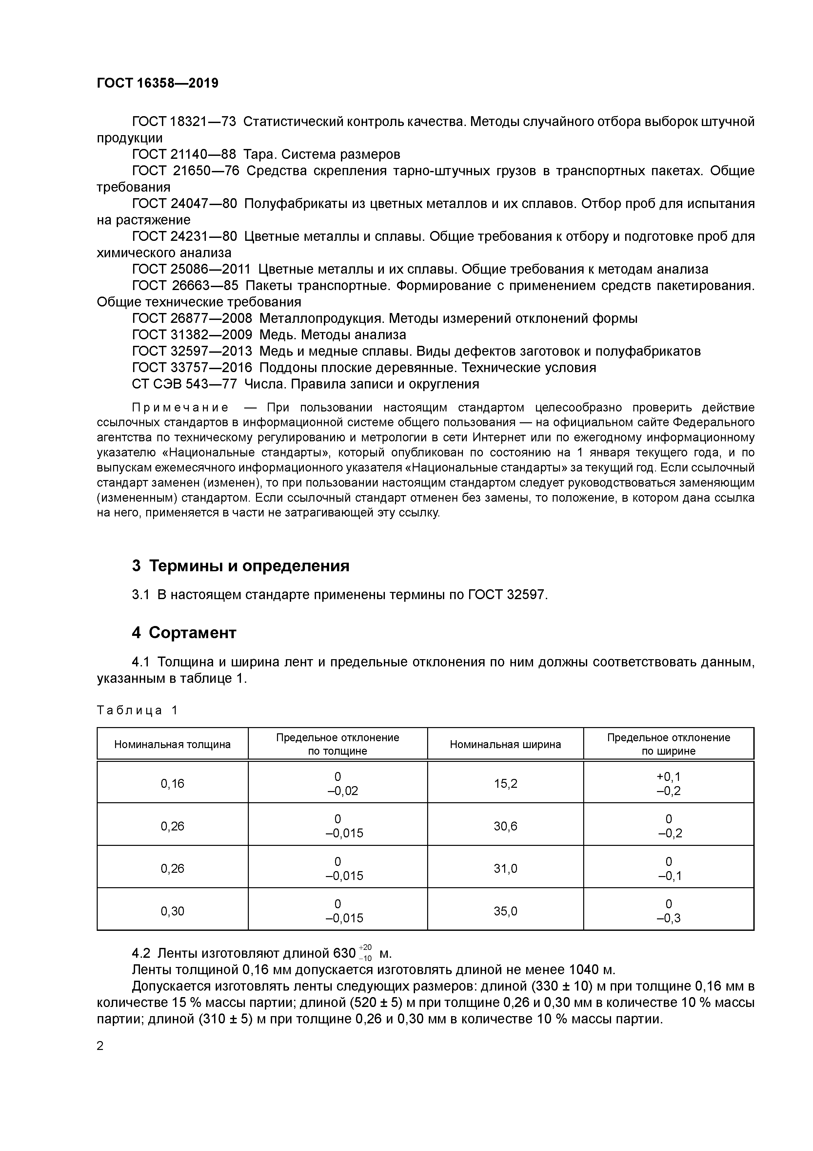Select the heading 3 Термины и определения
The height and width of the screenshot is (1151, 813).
click(x=240, y=566)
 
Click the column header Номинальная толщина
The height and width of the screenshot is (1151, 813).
click(x=172, y=744)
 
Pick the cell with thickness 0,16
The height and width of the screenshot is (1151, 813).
click(x=172, y=784)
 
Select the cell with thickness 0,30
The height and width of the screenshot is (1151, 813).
click(x=172, y=911)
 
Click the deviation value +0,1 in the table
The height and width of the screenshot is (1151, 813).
click(x=668, y=777)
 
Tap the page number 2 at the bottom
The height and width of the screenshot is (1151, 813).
click(x=100, y=1046)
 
